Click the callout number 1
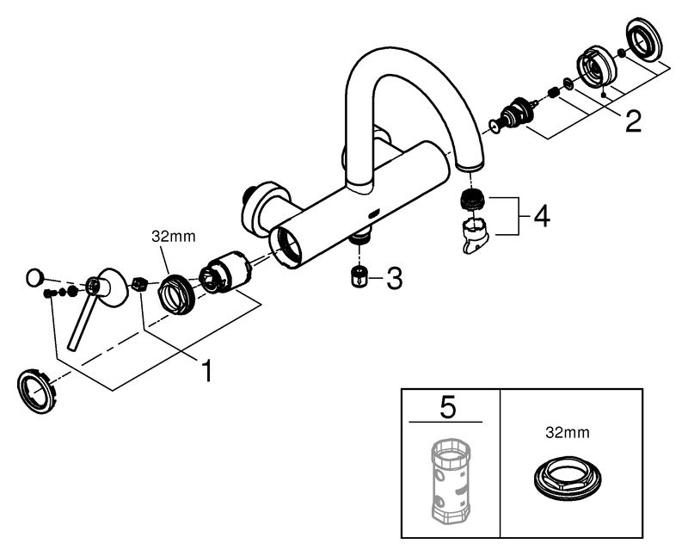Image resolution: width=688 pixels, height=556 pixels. [x=206, y=370]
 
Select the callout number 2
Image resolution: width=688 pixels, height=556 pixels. [x=633, y=120]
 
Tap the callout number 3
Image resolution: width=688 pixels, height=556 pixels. [x=394, y=279]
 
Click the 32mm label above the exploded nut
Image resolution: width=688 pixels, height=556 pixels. [x=174, y=237]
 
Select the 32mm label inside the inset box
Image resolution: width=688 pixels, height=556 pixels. [x=568, y=433]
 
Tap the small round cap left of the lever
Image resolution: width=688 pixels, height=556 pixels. [x=34, y=278]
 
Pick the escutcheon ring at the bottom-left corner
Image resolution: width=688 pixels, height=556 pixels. [x=38, y=392]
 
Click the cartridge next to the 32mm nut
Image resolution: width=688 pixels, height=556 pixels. [x=225, y=275]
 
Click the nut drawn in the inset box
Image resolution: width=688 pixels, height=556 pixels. [x=568, y=479]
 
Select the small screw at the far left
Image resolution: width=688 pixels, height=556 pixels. [x=47, y=293]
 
